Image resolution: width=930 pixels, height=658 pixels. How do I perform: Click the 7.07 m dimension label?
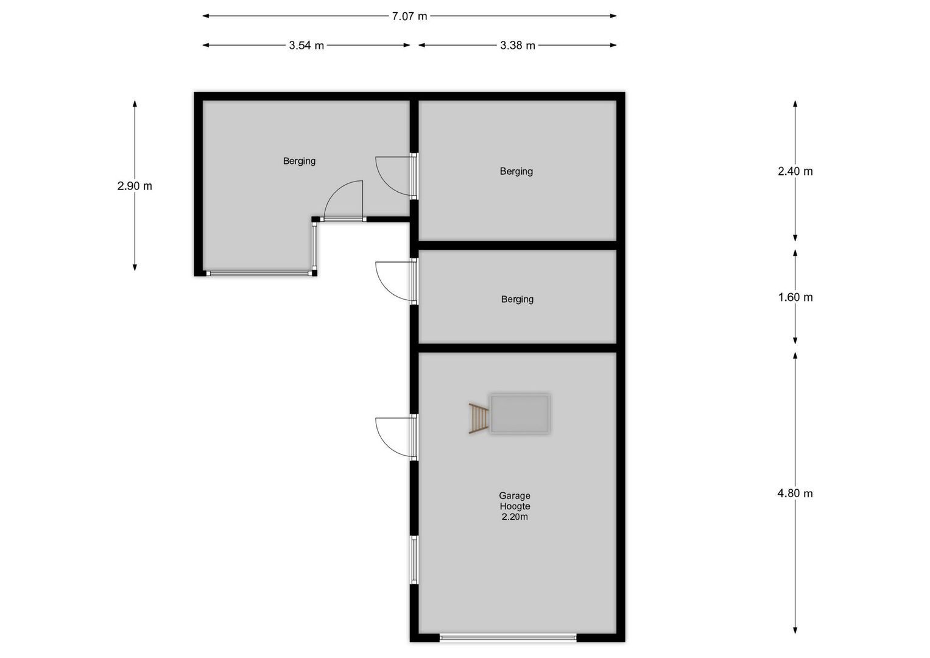[409, 16]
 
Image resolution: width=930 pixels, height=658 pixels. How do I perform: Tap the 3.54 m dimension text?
[306, 46]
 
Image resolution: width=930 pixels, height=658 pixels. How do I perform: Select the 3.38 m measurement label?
[518, 46]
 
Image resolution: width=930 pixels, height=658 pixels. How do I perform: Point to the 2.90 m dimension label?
[135, 186]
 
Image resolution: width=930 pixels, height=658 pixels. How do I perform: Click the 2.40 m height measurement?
[795, 171]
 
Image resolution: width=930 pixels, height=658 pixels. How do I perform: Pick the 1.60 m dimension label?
[795, 297]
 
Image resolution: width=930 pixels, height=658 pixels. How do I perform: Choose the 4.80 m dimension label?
[795, 493]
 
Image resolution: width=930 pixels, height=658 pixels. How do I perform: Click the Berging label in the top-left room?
[299, 161]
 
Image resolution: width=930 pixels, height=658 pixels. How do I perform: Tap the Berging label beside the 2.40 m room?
[516, 171]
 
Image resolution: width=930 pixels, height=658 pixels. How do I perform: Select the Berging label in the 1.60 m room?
[517, 299]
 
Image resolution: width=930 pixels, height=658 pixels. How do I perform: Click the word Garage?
[515, 496]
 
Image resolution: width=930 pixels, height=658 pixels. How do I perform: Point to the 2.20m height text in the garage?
[515, 517]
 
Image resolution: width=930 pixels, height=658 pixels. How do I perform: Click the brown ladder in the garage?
[479, 417]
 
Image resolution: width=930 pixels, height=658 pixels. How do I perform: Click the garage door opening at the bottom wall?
[508, 638]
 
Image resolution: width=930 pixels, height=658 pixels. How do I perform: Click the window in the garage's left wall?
[414, 560]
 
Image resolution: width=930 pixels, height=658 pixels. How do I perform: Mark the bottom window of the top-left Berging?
[259, 274]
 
